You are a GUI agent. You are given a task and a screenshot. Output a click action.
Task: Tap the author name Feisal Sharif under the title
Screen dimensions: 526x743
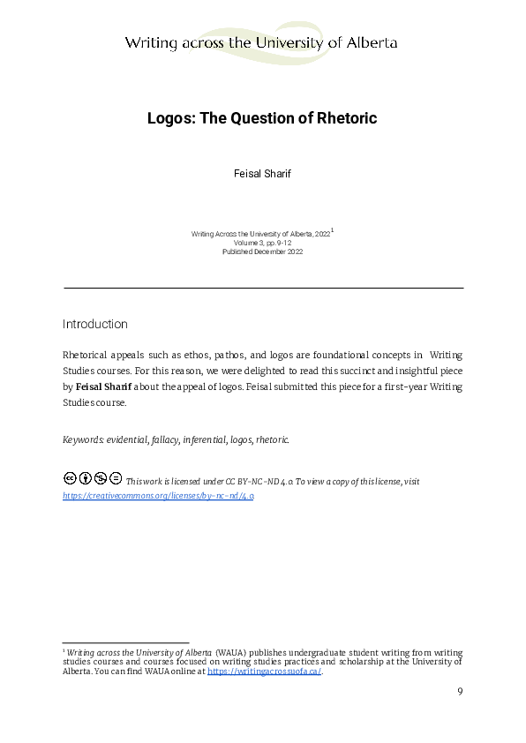tap(262, 174)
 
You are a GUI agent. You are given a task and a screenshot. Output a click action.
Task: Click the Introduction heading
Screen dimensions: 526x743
tap(95, 324)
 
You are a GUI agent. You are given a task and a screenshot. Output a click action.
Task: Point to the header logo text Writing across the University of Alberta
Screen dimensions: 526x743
tap(261, 42)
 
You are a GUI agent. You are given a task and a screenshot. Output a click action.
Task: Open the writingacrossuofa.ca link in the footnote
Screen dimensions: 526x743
tap(264, 672)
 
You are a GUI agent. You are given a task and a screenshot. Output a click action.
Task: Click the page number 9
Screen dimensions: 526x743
tap(460, 691)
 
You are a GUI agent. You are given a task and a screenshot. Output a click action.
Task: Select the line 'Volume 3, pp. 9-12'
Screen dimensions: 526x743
tap(262, 242)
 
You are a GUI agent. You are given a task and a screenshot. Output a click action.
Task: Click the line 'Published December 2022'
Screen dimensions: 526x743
tap(262, 251)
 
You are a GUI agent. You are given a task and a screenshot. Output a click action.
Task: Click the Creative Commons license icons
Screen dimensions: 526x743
tap(93, 479)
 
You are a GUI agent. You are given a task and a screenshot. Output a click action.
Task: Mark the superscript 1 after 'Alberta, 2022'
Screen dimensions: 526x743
tap(332, 229)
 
